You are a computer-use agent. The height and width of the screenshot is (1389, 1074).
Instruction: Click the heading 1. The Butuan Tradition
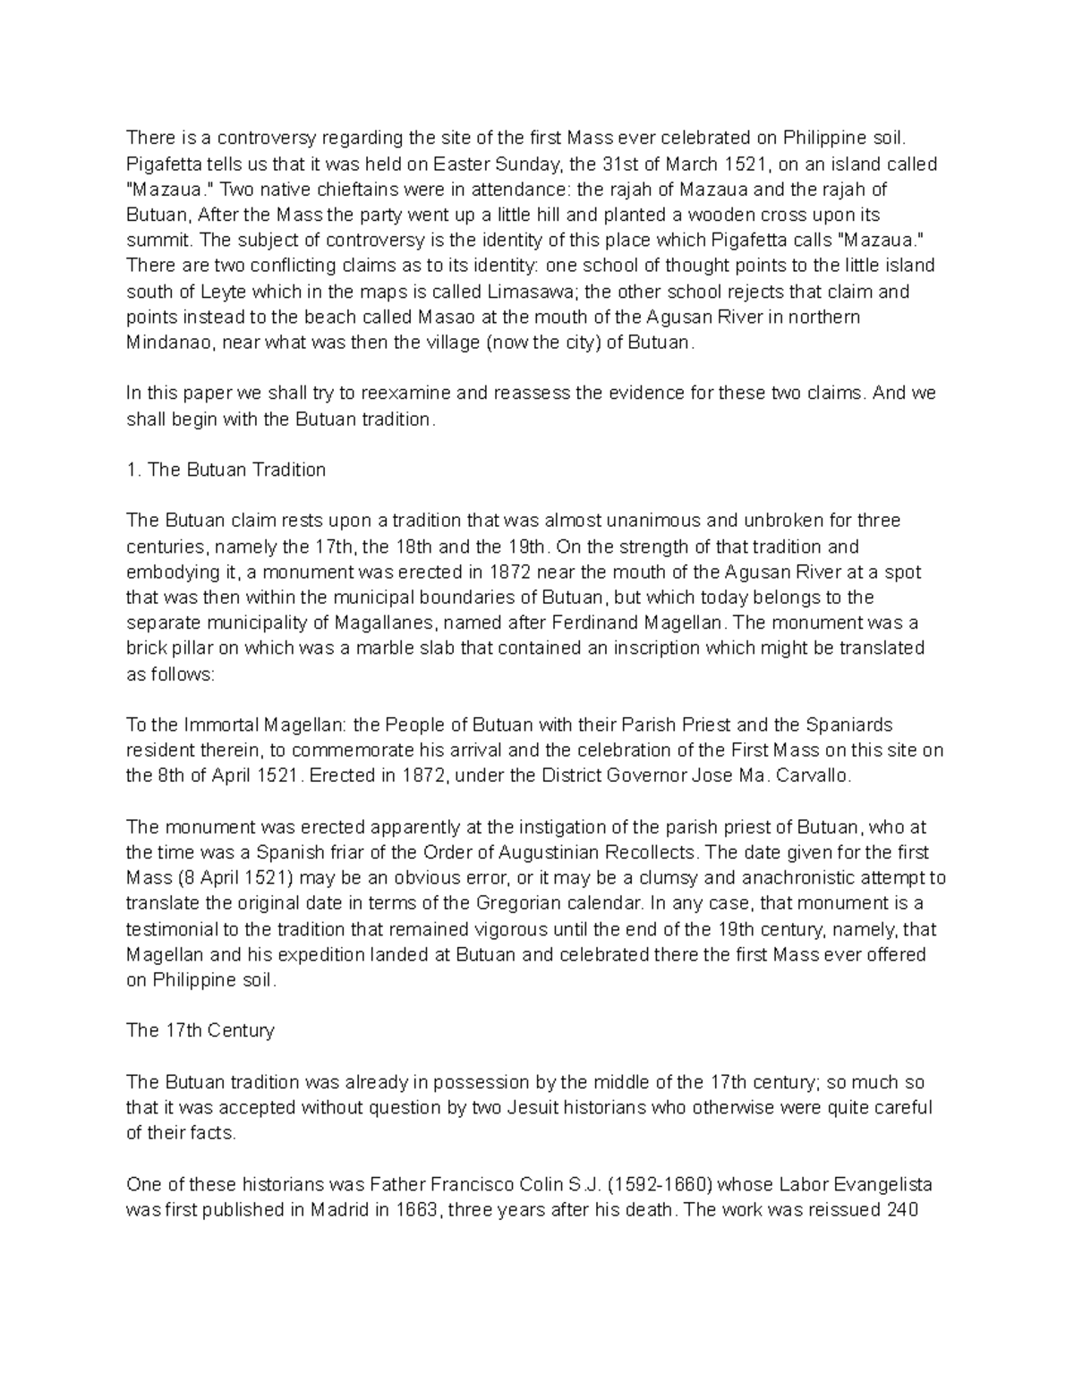click(226, 470)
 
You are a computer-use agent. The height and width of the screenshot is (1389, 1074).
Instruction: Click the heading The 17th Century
click(200, 1030)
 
